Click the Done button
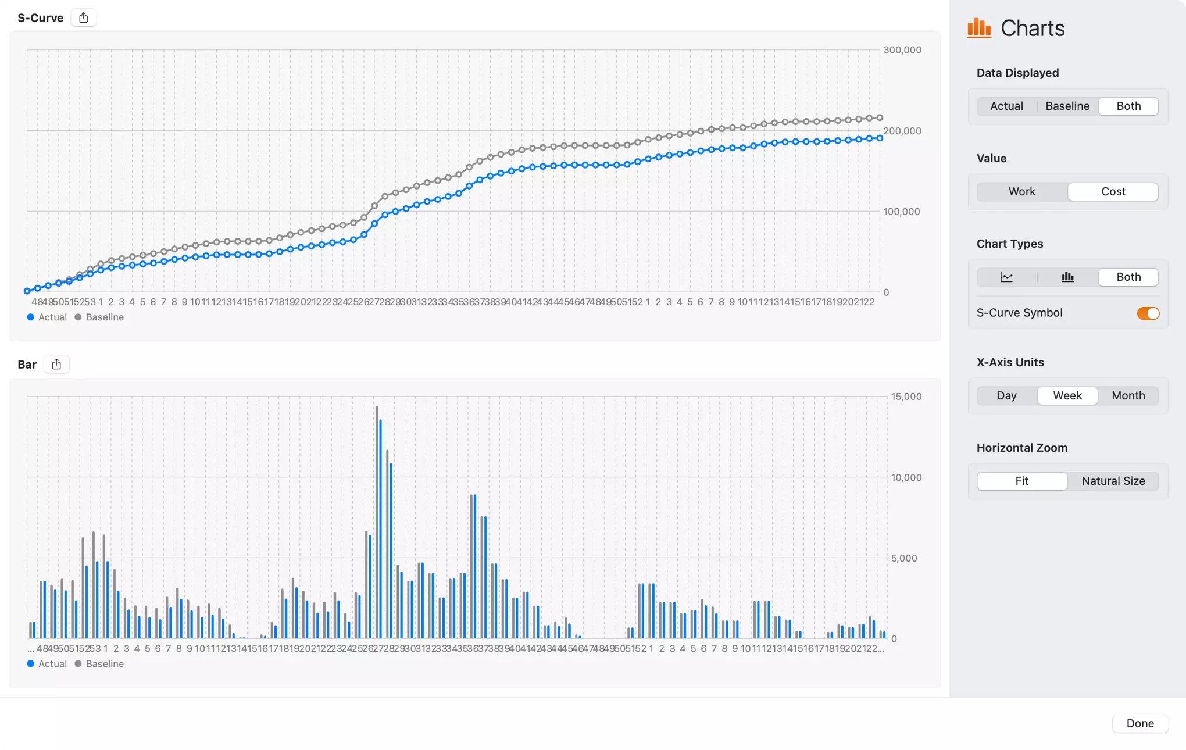pos(1139,723)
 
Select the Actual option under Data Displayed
pos(1006,106)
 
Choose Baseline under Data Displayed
pos(1067,106)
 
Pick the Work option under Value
pos(1021,192)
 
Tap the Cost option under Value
pos(1113,192)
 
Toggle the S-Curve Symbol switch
pos(1148,313)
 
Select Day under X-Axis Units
pos(1006,396)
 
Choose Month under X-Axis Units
pos(1128,396)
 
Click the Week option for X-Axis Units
pos(1067,396)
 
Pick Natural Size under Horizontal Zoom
pos(1113,481)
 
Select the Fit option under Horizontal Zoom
pos(1021,481)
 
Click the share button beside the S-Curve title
pos(84,18)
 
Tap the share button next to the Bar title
pos(56,365)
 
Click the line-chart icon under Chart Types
pos(1006,277)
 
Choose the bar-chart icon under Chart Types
pos(1067,277)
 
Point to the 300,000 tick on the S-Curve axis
pos(902,50)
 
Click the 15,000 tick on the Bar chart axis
pos(906,397)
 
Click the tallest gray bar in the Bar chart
pos(377,523)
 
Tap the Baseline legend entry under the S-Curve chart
pos(99,317)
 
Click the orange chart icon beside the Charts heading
pos(979,28)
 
